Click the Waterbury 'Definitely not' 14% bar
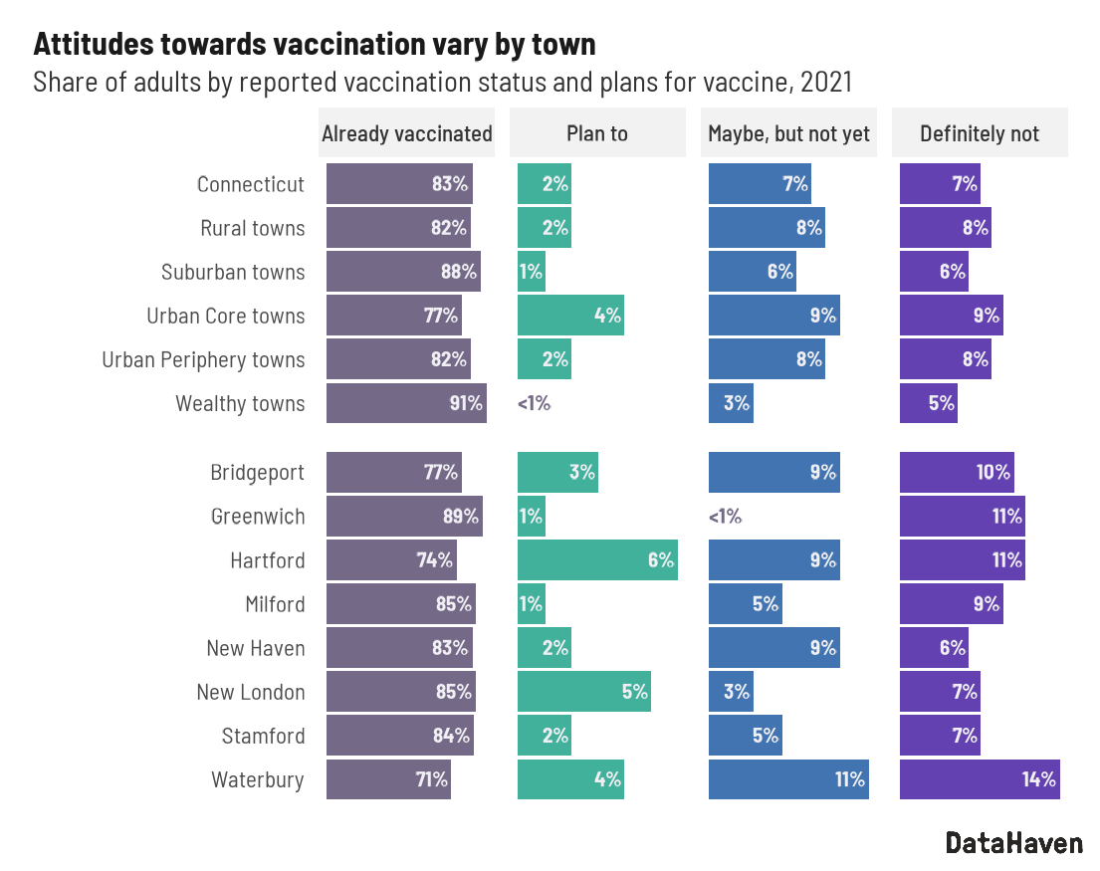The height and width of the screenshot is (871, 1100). coord(980,779)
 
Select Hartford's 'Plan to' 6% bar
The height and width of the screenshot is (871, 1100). coord(597,560)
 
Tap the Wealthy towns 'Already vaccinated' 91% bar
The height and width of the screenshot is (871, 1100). coord(406,403)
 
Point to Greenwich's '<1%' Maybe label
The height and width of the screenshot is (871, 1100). coord(725,517)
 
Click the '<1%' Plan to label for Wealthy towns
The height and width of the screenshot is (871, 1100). coord(534,403)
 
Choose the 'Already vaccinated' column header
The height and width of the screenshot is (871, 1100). coord(406,133)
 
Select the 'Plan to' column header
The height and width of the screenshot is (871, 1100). coord(597,133)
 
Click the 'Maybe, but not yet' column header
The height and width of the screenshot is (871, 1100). coord(788,133)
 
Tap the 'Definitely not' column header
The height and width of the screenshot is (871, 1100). coord(980,133)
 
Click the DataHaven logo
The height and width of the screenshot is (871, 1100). coord(1013,843)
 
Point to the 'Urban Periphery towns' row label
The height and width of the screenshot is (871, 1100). coord(203,359)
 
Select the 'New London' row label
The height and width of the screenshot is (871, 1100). coord(251,692)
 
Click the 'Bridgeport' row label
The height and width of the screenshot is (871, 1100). coord(258,473)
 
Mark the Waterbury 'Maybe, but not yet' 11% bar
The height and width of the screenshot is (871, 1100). coord(788,779)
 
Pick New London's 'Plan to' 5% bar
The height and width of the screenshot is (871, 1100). coord(583,692)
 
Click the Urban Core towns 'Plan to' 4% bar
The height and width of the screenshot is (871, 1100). coord(570,316)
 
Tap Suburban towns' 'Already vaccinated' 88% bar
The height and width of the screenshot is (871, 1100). coord(403,272)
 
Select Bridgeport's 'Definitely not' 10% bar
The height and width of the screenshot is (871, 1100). coord(957,473)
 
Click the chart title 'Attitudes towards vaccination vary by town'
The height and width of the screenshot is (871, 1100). coord(315,44)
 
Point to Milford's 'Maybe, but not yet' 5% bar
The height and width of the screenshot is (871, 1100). coord(745,604)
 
